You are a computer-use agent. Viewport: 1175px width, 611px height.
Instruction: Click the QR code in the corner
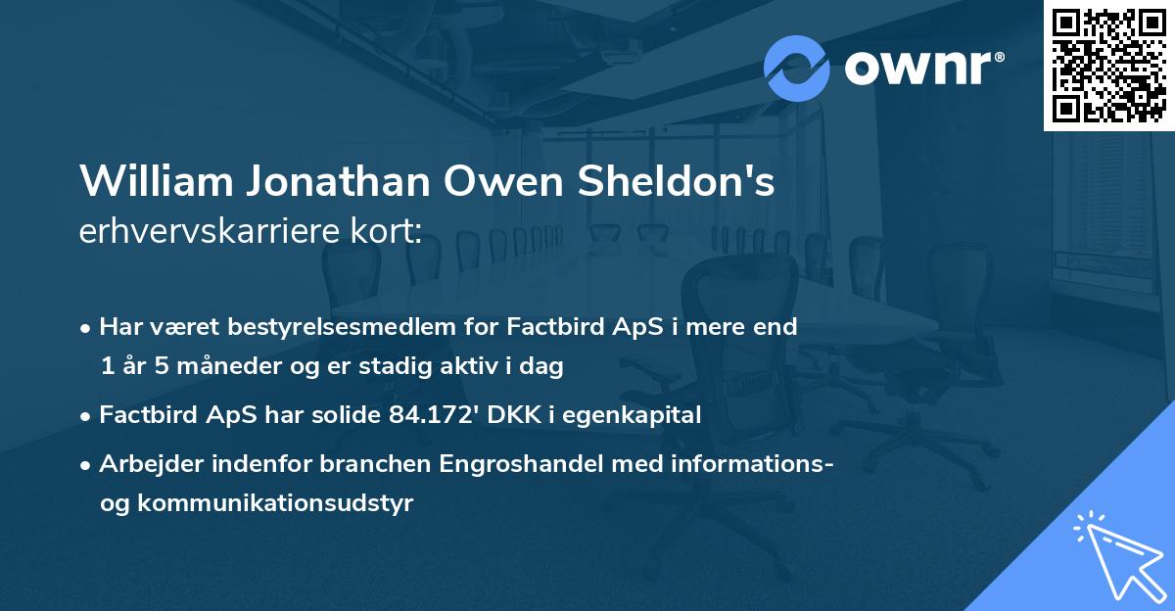[1108, 65]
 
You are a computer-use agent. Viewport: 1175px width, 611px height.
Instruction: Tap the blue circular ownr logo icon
[797, 69]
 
